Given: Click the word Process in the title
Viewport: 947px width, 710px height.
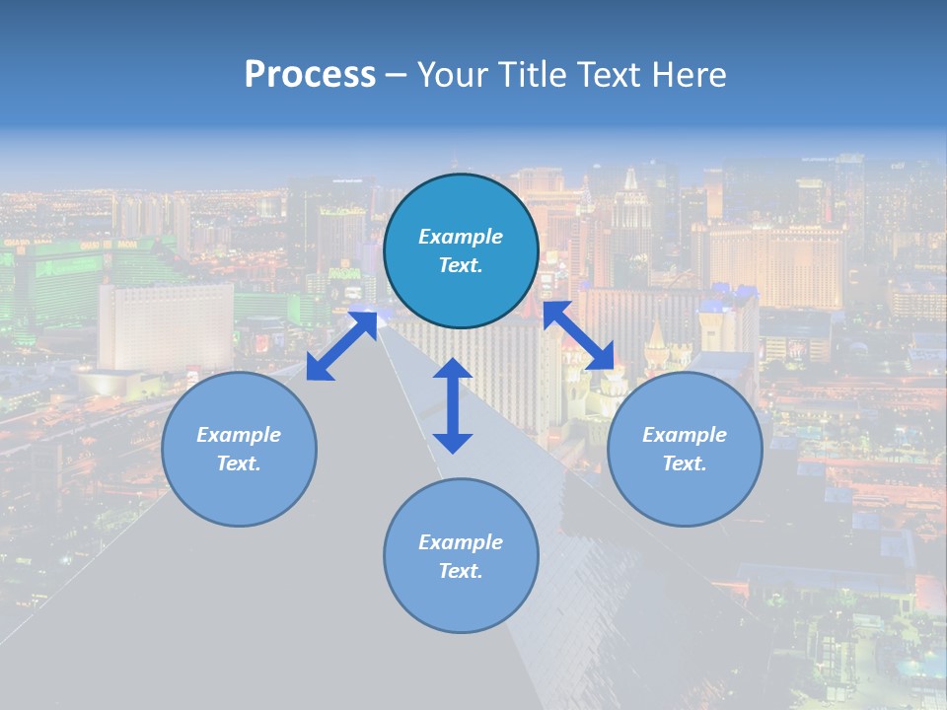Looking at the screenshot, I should click(310, 75).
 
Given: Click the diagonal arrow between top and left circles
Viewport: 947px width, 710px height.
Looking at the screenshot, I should click(341, 345).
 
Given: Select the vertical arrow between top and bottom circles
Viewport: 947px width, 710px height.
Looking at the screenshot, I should click(453, 405).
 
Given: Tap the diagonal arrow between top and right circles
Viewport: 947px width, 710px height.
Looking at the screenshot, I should click(579, 335).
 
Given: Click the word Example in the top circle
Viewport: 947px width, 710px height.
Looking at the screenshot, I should click(461, 237).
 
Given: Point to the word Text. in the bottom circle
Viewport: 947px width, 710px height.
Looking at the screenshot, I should click(461, 571).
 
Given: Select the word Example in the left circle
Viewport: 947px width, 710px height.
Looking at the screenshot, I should click(239, 435).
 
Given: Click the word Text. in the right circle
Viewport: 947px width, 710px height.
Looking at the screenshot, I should click(685, 463).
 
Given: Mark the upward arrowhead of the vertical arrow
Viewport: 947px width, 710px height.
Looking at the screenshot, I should click(453, 369).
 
